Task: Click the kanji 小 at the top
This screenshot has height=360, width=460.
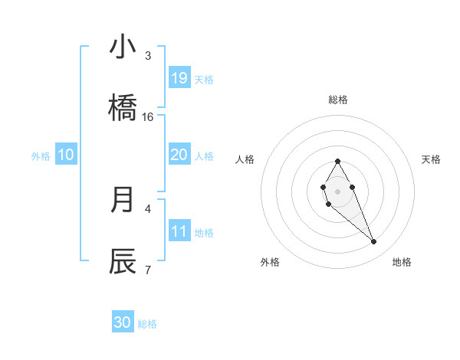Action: coord(123,47)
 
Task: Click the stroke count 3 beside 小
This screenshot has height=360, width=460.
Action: coord(148,55)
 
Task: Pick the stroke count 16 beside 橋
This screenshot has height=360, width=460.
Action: coord(148,116)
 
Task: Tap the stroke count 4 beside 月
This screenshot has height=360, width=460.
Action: coord(148,208)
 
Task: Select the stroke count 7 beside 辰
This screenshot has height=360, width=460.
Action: coord(148,269)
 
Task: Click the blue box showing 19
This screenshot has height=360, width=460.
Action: coord(179,78)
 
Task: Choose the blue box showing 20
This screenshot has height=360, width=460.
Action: coord(179,155)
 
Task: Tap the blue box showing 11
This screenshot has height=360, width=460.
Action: coord(179,231)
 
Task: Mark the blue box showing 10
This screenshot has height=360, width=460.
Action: coord(66,155)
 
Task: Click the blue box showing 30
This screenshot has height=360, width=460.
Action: coord(123,322)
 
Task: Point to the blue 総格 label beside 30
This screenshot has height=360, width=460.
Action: coord(148,324)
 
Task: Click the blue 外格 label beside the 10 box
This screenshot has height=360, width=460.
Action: coord(41,155)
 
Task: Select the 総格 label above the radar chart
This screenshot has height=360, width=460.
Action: coord(338,100)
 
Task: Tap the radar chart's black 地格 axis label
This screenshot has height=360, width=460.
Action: coord(402,262)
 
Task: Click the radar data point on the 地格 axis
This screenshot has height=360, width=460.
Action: coord(374,242)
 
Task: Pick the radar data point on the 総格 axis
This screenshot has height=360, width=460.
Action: coord(337,161)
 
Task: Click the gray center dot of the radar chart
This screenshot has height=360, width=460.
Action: coord(337,191)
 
